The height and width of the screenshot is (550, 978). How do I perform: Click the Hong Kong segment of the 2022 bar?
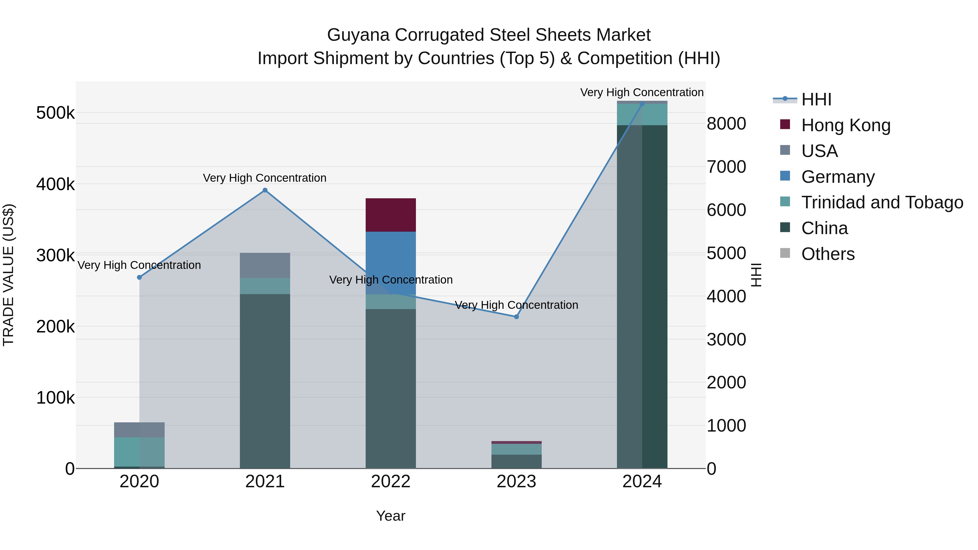pyautogui.click(x=390, y=215)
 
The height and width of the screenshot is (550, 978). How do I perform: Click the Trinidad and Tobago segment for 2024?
pyautogui.click(x=642, y=115)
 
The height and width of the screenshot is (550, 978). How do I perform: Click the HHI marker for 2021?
pyautogui.click(x=265, y=191)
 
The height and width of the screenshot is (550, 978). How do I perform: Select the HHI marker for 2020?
pyautogui.click(x=139, y=278)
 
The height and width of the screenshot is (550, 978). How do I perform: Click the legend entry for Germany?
pyautogui.click(x=837, y=177)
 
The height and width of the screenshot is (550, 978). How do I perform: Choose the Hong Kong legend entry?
pyautogui.click(x=845, y=125)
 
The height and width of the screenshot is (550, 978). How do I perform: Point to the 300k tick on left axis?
pyautogui.click(x=55, y=256)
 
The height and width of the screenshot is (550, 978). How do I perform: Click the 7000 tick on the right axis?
pyautogui.click(x=726, y=167)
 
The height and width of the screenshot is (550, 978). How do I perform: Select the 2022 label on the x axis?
pyautogui.click(x=390, y=482)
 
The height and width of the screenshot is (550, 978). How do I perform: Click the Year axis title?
pyautogui.click(x=390, y=516)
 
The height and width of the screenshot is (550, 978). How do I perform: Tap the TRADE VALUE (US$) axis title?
pyautogui.click(x=8, y=275)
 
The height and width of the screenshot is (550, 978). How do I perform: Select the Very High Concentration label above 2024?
pyautogui.click(x=642, y=92)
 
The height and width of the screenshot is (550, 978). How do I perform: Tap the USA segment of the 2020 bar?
pyautogui.click(x=139, y=430)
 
